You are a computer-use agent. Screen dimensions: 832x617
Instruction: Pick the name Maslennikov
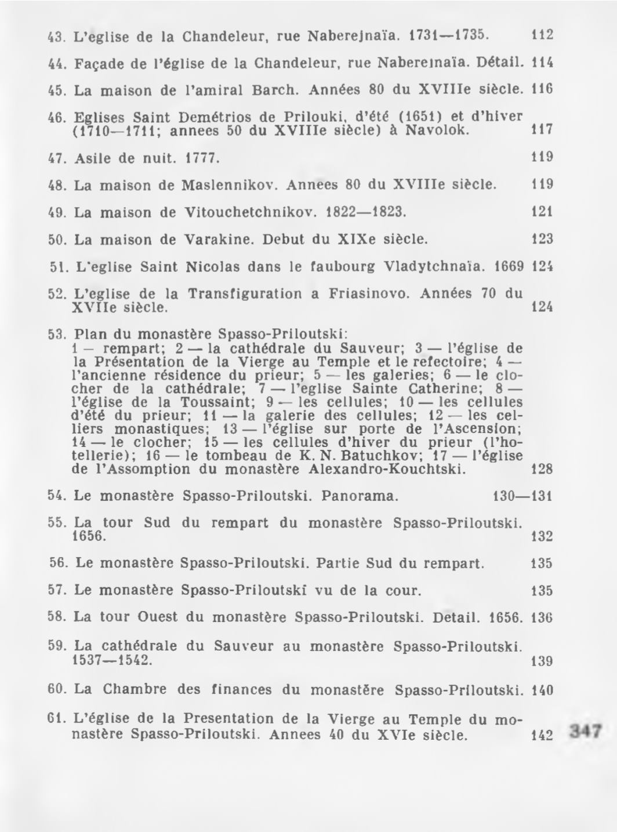click(x=231, y=185)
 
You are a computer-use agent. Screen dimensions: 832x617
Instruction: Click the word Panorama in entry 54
click(x=360, y=496)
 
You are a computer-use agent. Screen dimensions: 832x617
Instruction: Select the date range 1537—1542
click(x=114, y=661)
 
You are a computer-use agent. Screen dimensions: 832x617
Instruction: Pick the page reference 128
click(x=542, y=469)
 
